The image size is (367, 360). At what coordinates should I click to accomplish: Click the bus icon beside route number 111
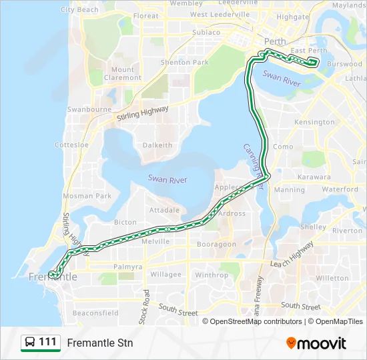pyautogui.click(x=30, y=343)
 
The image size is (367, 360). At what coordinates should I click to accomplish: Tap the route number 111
pyautogui.click(x=47, y=342)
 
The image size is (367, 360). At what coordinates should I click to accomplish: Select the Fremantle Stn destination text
pyautogui.click(x=100, y=343)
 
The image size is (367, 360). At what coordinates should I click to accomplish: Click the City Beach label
pyautogui.click(x=79, y=10)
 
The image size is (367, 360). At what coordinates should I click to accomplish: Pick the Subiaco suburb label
pyautogui.click(x=206, y=32)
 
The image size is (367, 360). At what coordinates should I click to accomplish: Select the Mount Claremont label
pyautogui.click(x=123, y=73)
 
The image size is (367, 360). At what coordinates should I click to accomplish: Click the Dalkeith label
pyautogui.click(x=157, y=145)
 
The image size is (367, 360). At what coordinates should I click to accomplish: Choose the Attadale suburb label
pyautogui.click(x=164, y=209)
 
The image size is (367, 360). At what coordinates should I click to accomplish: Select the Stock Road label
pyautogui.click(x=143, y=307)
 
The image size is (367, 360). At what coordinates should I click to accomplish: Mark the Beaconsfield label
pyautogui.click(x=95, y=313)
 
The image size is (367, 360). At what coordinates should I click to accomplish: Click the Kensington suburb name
pyautogui.click(x=314, y=122)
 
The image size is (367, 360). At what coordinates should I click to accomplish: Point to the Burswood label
pyautogui.click(x=345, y=65)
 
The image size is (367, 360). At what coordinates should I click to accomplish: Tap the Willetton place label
pyautogui.click(x=332, y=278)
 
